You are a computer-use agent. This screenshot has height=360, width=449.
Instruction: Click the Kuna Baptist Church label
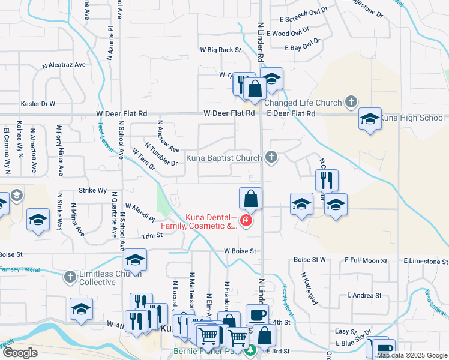pyautogui.click(x=223, y=158)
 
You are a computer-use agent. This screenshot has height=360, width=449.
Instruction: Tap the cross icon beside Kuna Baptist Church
pyautogui.click(x=271, y=158)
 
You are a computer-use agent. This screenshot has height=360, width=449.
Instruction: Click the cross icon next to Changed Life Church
pyautogui.click(x=352, y=103)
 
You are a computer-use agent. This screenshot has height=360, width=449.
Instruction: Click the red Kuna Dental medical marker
pyautogui.click(x=245, y=221)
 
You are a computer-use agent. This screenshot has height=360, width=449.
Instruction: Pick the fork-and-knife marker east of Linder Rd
pyautogui.click(x=327, y=179)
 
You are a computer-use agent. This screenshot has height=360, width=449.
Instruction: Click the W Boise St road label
pyautogui.click(x=240, y=251)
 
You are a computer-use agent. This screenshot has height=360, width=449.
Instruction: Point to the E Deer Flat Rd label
pyautogui.click(x=291, y=113)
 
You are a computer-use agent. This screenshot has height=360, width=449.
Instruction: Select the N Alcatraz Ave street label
pyautogui.click(x=64, y=64)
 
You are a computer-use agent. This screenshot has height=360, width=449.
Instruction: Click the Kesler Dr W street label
pyautogui.click(x=38, y=104)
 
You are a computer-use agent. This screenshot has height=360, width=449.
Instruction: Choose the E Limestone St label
pyautogui.click(x=426, y=261)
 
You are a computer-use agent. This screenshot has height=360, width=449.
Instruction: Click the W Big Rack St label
pyautogui.click(x=220, y=50)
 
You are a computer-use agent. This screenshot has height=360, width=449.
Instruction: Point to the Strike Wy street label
pyautogui.click(x=93, y=190)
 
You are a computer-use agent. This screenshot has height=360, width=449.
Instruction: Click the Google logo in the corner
pyautogui.click(x=20, y=352)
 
